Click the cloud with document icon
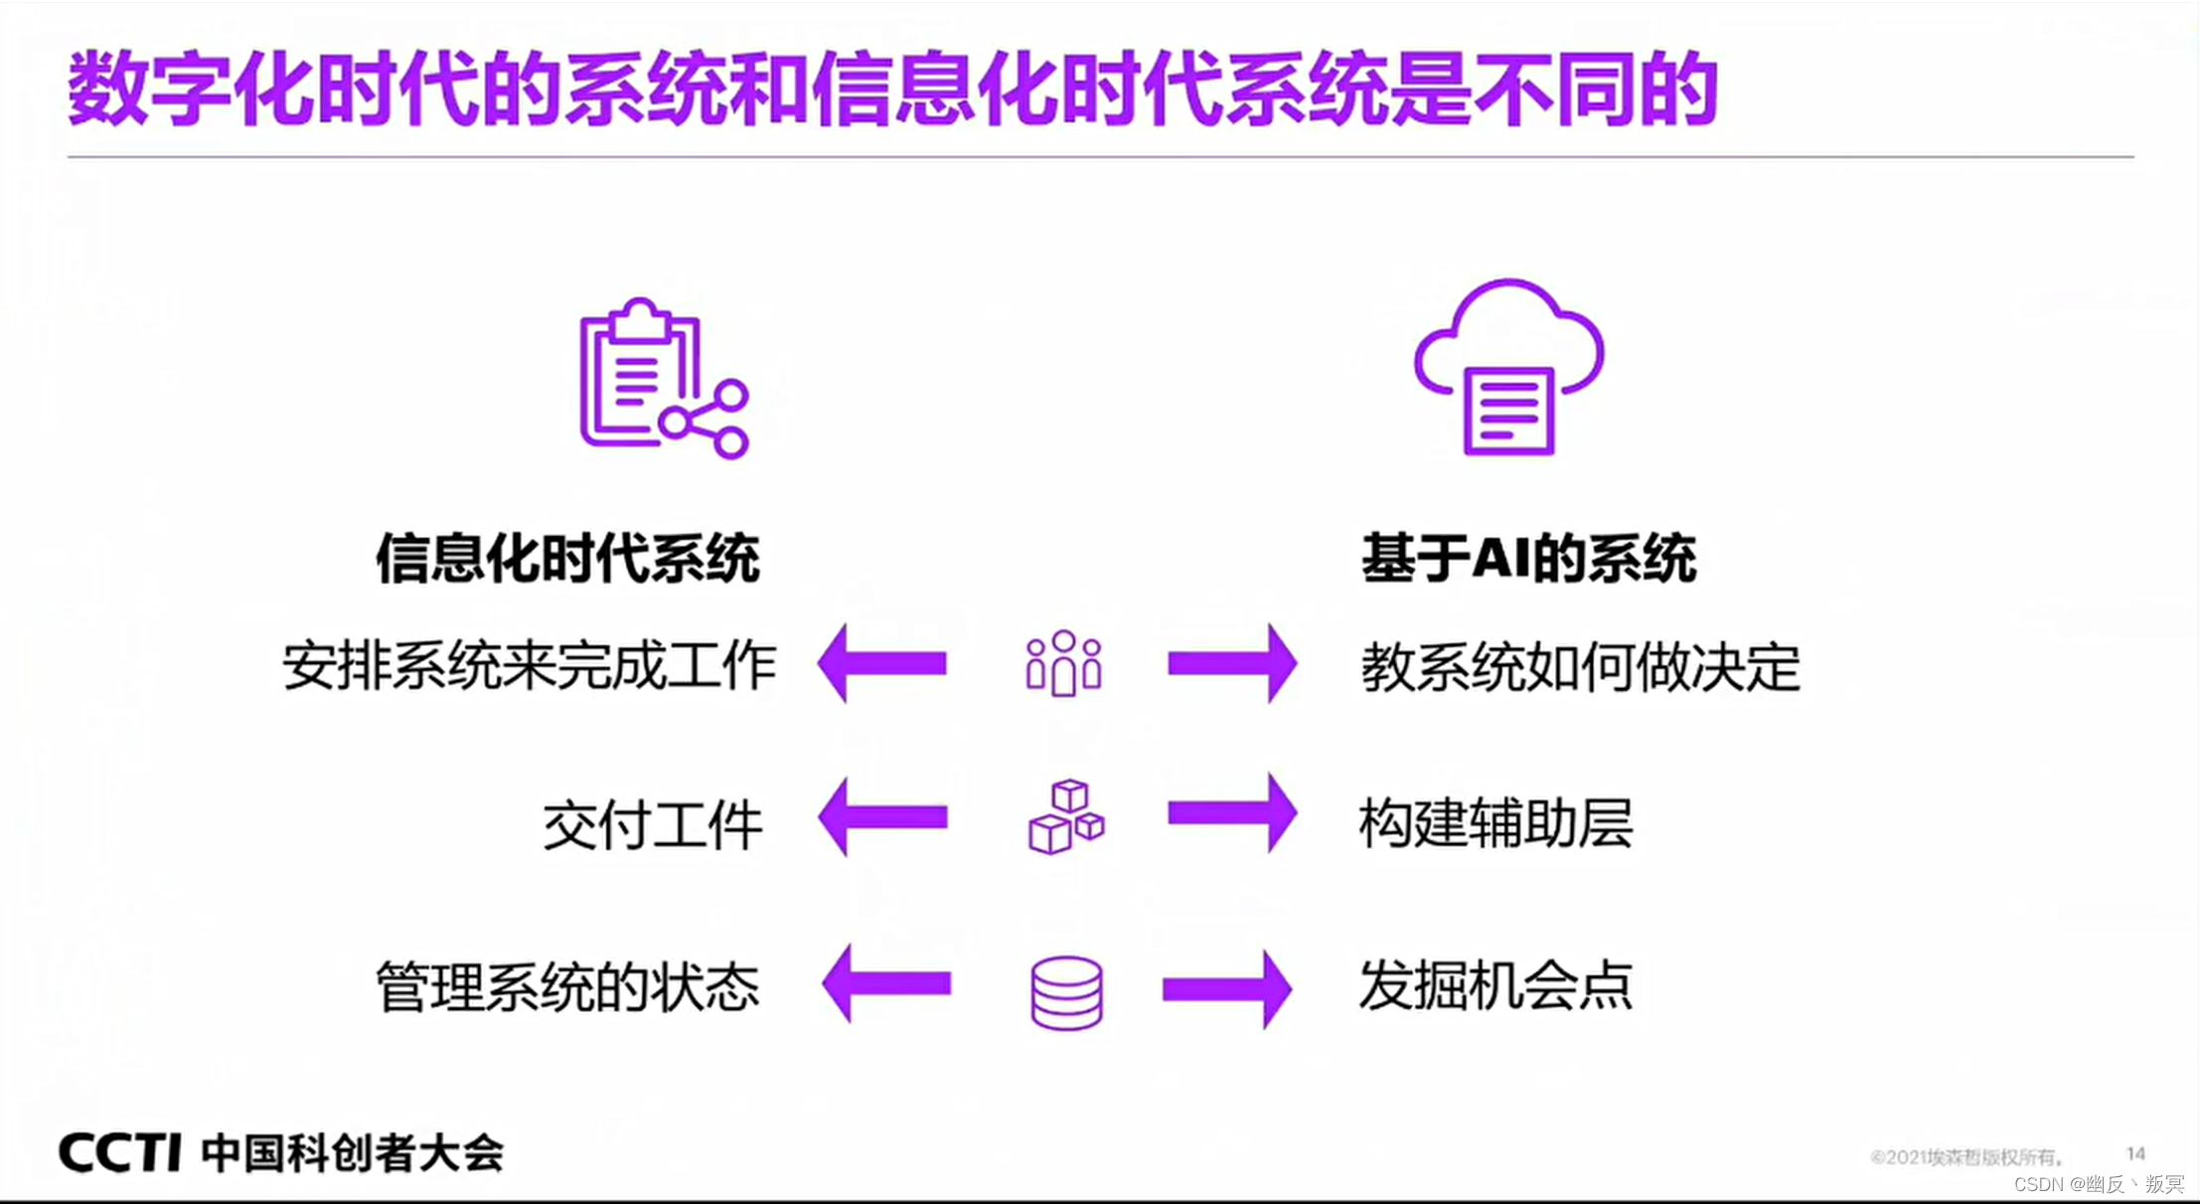(x=1508, y=368)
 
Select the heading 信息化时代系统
(x=567, y=558)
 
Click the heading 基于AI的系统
(x=1528, y=558)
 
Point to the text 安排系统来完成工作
(x=529, y=665)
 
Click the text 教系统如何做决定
(x=1580, y=667)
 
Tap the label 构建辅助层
(x=1495, y=823)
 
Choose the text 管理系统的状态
(x=567, y=986)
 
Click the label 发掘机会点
(x=1495, y=985)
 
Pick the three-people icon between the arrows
(x=1063, y=663)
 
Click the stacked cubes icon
(x=1066, y=817)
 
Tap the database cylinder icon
(x=1066, y=992)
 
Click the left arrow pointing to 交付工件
(x=882, y=816)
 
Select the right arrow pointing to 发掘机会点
(x=1228, y=988)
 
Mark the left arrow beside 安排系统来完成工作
(x=882, y=663)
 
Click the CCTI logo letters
(x=119, y=1152)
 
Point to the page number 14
(x=2135, y=1153)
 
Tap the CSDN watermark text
(x=2098, y=1184)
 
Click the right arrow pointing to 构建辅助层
(x=1232, y=814)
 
